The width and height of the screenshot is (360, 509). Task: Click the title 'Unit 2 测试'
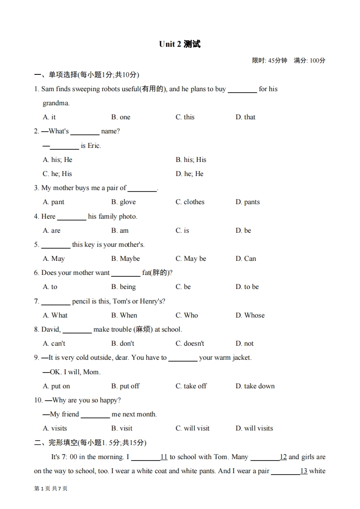point(180,44)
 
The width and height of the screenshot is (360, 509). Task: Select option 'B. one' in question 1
point(121,117)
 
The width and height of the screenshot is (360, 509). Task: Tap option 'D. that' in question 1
point(245,117)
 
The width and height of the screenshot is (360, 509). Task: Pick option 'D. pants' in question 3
point(247,202)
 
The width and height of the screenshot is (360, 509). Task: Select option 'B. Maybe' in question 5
point(125,259)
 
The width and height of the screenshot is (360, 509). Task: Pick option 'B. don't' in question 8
point(123,343)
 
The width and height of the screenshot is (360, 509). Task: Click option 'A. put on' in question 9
point(56,386)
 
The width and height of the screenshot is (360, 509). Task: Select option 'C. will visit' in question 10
point(192,428)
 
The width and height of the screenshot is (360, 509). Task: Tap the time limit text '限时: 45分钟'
point(270,60)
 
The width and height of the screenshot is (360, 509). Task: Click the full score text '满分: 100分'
point(310,60)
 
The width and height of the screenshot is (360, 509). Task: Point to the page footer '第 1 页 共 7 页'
point(51,488)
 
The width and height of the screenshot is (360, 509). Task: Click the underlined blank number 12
point(283,457)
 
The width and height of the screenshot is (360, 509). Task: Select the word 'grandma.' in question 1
point(56,103)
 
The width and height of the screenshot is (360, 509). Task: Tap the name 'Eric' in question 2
point(94,146)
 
